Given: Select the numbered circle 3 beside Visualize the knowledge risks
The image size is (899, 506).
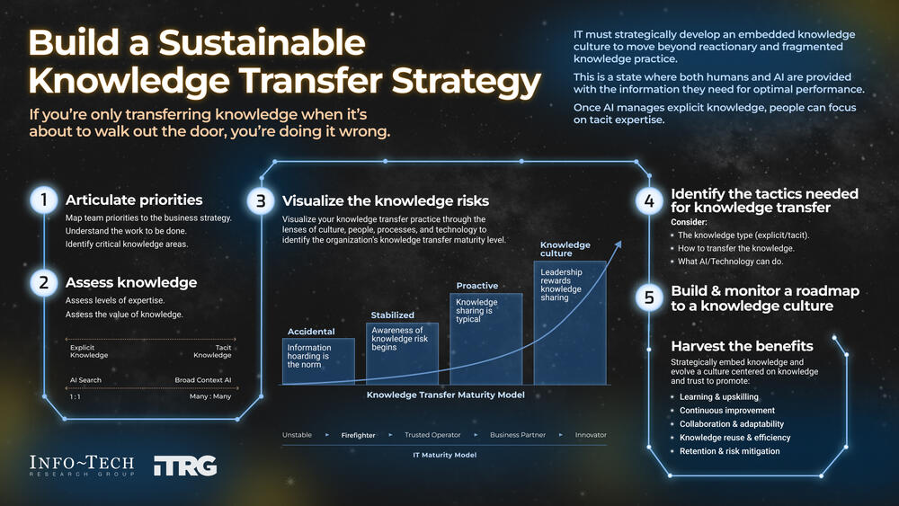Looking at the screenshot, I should coord(261,201).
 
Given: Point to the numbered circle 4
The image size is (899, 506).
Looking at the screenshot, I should coord(649,200).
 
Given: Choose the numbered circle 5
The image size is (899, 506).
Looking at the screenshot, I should coord(649,297).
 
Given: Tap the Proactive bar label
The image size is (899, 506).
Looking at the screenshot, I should coord(476,286).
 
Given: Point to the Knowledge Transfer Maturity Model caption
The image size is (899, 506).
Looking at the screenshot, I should coord(446,395).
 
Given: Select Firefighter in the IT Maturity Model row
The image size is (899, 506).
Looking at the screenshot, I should coord(358,435).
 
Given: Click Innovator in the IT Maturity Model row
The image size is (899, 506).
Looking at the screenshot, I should coord(591,435).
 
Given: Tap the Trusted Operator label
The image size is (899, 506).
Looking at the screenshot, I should coord(432,435).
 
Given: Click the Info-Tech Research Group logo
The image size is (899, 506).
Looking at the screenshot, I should coord(82,466).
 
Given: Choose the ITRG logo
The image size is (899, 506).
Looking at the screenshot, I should coord(185,466).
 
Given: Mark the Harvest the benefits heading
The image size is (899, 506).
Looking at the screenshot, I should coord(742,346).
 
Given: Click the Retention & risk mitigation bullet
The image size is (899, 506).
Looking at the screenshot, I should coord(729,451).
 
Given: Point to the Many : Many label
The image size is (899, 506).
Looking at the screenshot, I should coord(209,396).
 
